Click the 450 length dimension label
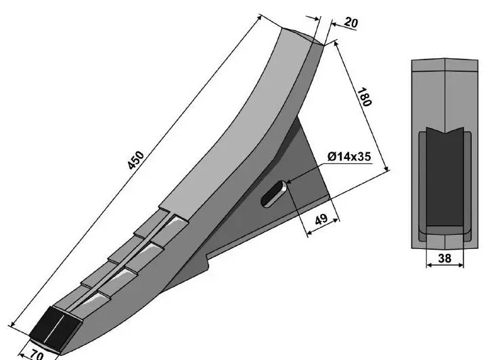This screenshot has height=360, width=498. point(135,160)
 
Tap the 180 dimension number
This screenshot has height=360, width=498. point(364,97)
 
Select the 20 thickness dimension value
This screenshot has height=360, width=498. point(350,22)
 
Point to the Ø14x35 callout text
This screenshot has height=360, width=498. point(348,156)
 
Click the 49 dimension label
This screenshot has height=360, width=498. point(321,219)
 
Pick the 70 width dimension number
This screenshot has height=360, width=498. point(37,355)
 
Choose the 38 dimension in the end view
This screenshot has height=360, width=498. point(445,258)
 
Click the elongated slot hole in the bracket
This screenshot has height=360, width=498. point(274,194)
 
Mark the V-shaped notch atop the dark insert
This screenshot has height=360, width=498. point(445,131)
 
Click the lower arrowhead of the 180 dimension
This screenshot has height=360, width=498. point(386,168)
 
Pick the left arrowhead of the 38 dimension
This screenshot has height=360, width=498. point(429,265)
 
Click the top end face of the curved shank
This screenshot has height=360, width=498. point(302,35)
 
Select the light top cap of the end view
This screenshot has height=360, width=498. point(445,65)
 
